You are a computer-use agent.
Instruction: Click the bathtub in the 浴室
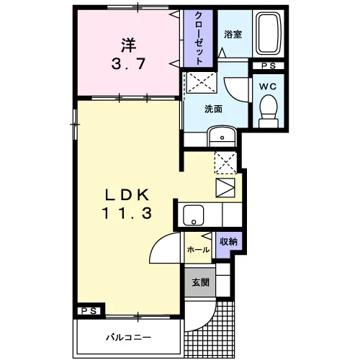point(268,33)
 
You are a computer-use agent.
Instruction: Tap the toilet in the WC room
point(269,111)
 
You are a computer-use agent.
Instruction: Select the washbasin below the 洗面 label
point(222,136)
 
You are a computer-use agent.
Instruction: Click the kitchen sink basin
point(194,215)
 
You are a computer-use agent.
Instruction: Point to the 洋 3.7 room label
point(128,55)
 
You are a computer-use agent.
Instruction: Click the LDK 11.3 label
point(127,204)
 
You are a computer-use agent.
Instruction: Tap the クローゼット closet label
point(198,38)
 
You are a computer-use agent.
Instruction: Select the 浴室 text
point(233,35)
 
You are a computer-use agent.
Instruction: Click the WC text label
point(268,86)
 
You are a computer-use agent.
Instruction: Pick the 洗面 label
point(213,109)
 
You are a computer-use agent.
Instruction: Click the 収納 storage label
point(228,242)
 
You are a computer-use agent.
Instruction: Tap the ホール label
point(198,250)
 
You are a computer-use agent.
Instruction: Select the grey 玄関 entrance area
point(200,282)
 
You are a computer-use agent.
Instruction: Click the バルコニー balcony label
point(129,338)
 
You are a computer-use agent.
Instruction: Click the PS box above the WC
point(269,66)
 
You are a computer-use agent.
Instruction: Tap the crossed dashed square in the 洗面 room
point(202,82)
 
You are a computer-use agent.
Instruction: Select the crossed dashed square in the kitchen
point(225,163)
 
